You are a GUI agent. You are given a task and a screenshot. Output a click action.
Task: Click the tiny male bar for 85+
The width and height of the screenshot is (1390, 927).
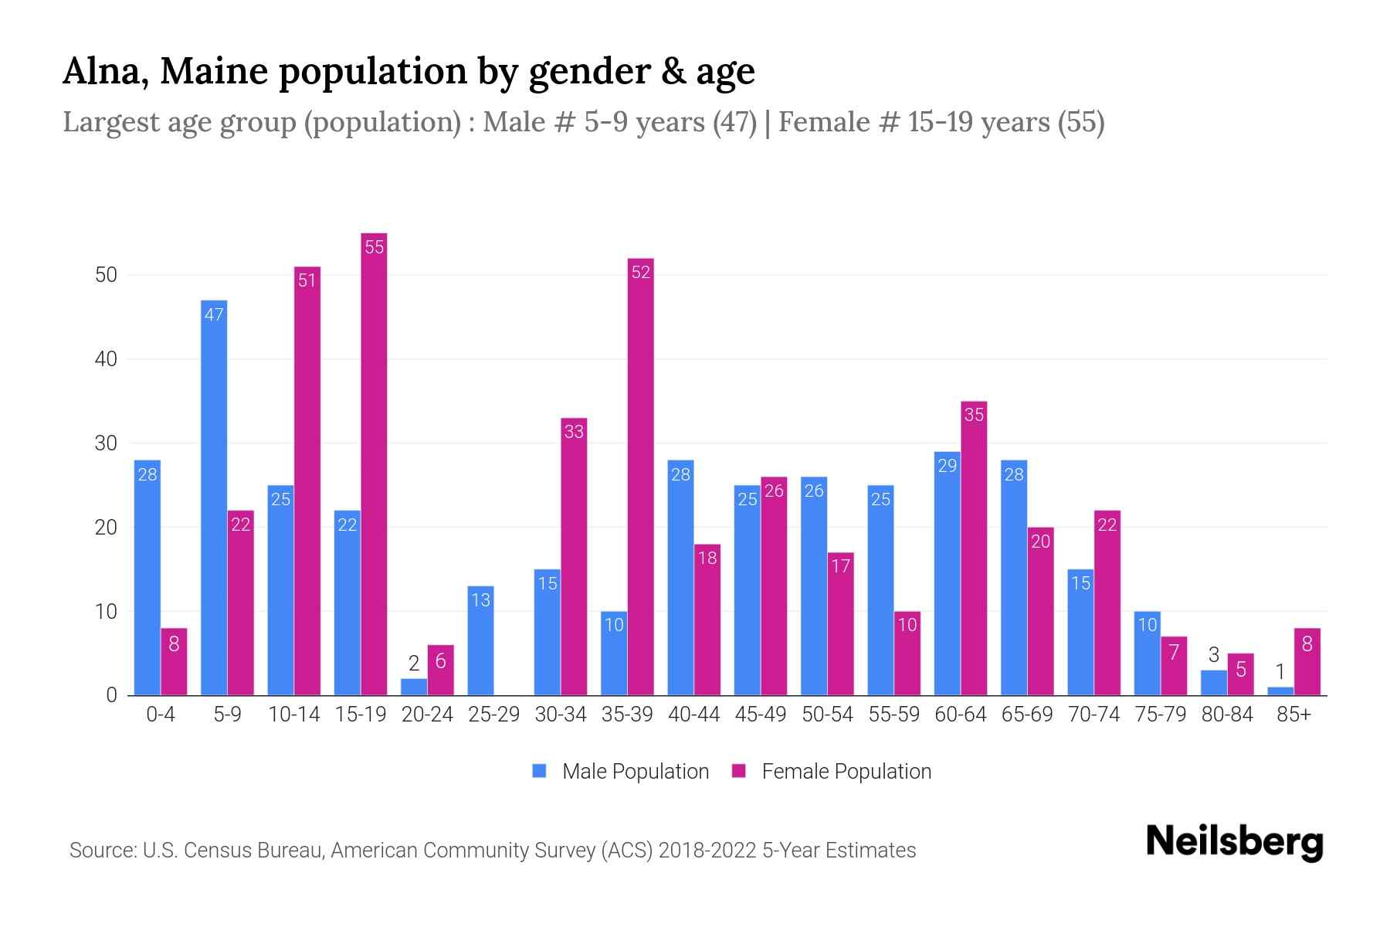coord(1280,691)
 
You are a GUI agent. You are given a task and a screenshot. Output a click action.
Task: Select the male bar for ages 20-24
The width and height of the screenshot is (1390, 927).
coord(414,687)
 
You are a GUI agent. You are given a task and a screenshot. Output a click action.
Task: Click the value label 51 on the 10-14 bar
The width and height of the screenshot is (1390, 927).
coord(307,280)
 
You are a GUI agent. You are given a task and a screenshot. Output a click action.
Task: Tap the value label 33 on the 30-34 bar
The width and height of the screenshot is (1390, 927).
coord(574,432)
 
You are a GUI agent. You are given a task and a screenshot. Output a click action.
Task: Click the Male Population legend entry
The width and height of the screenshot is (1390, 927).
coord(622,772)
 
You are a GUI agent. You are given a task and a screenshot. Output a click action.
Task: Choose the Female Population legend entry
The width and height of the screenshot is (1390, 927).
coord(832,772)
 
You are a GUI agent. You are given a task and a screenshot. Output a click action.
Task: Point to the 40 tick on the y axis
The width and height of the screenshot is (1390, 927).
coord(106,359)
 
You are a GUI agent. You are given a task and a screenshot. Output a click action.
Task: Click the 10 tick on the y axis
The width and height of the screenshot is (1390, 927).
coord(106,612)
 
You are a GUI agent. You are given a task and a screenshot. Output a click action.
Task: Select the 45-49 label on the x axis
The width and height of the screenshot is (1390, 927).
coord(761,715)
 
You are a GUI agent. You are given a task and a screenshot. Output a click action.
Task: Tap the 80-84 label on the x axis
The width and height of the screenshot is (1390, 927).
coord(1227,715)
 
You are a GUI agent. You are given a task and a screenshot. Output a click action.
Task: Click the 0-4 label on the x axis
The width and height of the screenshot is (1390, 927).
coord(161,715)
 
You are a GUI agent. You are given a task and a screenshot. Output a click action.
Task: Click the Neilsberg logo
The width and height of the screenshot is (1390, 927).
coord(1234,841)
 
